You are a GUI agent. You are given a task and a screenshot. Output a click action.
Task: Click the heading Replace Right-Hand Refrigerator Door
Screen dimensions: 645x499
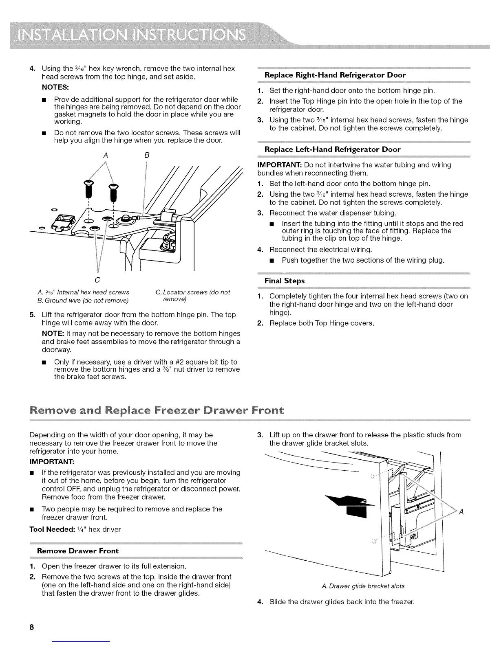pos(335,75)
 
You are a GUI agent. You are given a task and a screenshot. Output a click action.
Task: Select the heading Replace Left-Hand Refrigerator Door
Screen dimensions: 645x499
pos(332,149)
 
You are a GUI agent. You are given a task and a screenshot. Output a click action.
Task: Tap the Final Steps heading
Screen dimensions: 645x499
pos(285,281)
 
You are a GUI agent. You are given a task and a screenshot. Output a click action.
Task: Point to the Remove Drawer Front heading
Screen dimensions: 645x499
pos(77,551)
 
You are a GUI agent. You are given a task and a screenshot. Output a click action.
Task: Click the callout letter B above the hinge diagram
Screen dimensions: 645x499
pos(147,155)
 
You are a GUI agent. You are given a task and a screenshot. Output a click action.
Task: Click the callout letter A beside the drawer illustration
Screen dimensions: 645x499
pos(461,512)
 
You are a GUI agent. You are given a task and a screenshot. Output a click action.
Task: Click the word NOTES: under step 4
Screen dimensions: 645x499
pos(55,88)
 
